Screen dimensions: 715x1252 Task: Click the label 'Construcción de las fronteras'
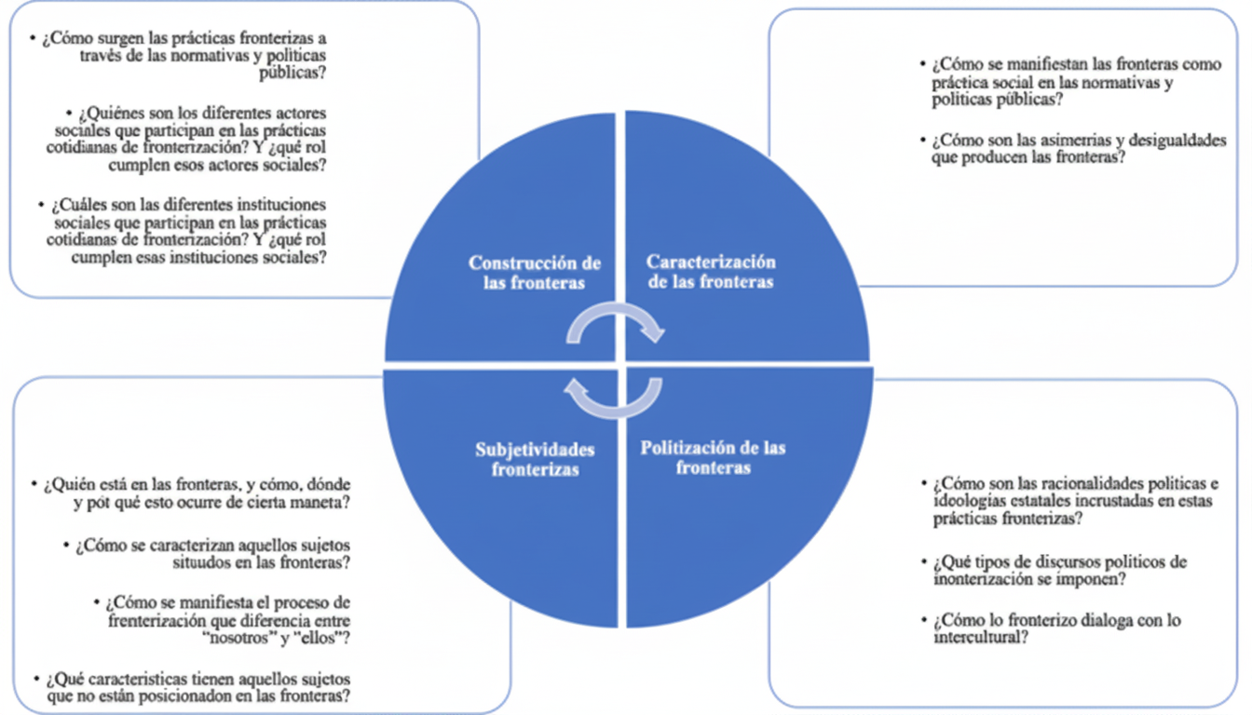coord(534,274)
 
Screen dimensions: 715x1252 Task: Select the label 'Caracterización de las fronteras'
coord(711,272)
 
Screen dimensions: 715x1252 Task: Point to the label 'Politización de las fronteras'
coord(713,457)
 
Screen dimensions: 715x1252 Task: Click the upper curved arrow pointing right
coord(616,325)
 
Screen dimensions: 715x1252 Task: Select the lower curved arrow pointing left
coord(614,398)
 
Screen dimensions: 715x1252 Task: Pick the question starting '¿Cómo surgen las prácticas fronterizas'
coord(182,55)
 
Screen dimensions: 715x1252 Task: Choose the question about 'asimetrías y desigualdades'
coord(1077,149)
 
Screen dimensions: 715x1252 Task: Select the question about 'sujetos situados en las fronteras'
coord(209,553)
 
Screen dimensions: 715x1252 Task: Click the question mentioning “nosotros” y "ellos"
coord(224,620)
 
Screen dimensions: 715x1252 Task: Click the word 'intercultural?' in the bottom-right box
coord(979,638)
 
